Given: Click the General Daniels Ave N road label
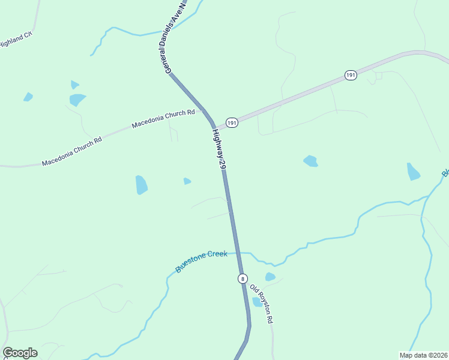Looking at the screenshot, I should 176,37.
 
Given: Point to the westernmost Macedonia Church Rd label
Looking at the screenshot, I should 72,151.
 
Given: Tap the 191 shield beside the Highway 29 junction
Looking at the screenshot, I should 232,122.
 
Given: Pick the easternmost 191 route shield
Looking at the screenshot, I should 351,75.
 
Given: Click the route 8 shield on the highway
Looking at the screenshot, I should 242,278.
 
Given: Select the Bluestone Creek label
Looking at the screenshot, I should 202,262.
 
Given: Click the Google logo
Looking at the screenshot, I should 20,353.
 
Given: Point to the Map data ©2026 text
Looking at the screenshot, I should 423,355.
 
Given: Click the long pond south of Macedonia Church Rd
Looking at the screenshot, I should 141,185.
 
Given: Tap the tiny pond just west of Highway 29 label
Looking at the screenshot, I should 187,181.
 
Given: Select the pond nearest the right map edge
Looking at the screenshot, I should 413,172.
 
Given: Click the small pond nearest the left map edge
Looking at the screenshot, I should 28,97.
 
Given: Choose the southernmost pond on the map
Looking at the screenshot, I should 258,302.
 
